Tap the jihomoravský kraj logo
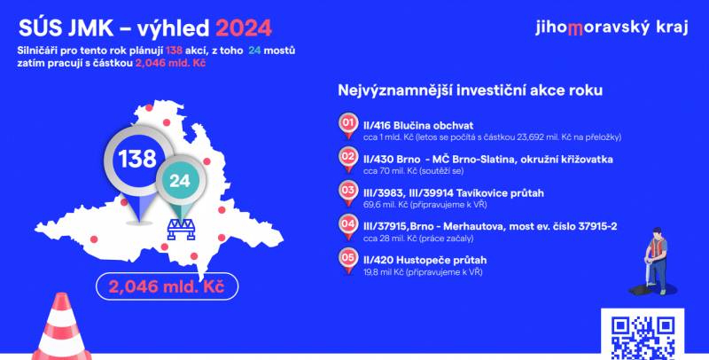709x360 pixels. pos(612,28)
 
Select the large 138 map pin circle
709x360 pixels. pos(137,159)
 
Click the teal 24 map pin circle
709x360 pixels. pos(181,181)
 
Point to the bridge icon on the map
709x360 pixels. pos(181,230)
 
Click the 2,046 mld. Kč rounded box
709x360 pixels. pos(167,286)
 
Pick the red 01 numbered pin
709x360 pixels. pos(347,125)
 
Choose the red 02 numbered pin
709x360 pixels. pos(347,160)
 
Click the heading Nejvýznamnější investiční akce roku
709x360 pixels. pos(471,90)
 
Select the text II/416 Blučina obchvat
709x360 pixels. pos(418,125)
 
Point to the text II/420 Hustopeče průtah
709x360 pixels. pos(425,260)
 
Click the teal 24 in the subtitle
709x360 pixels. pos(254,51)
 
